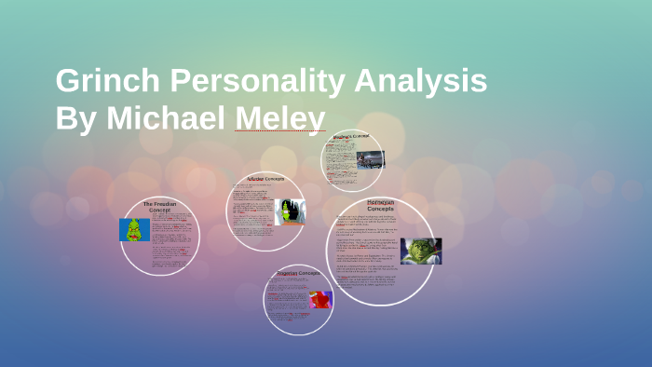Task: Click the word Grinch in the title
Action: (103, 82)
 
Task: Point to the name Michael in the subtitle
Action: (170, 118)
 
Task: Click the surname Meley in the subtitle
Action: (280, 118)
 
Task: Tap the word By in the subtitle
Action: (76, 118)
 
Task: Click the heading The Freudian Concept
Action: (160, 206)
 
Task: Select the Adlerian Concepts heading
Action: (265, 178)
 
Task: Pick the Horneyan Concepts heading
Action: (380, 205)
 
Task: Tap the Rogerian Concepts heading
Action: (298, 273)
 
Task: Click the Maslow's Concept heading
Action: (351, 137)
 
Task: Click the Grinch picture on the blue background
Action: (134, 230)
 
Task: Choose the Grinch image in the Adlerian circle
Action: (292, 211)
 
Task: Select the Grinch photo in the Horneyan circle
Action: (420, 251)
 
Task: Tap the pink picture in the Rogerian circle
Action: (319, 300)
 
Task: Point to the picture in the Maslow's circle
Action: (370, 159)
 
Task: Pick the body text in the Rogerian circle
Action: (287, 298)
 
